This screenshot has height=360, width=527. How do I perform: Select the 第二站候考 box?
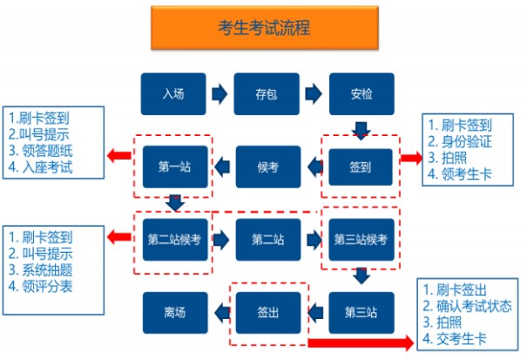(173, 239)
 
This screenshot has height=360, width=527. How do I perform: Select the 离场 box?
(173, 311)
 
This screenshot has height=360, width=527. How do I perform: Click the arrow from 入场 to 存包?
(220, 92)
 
